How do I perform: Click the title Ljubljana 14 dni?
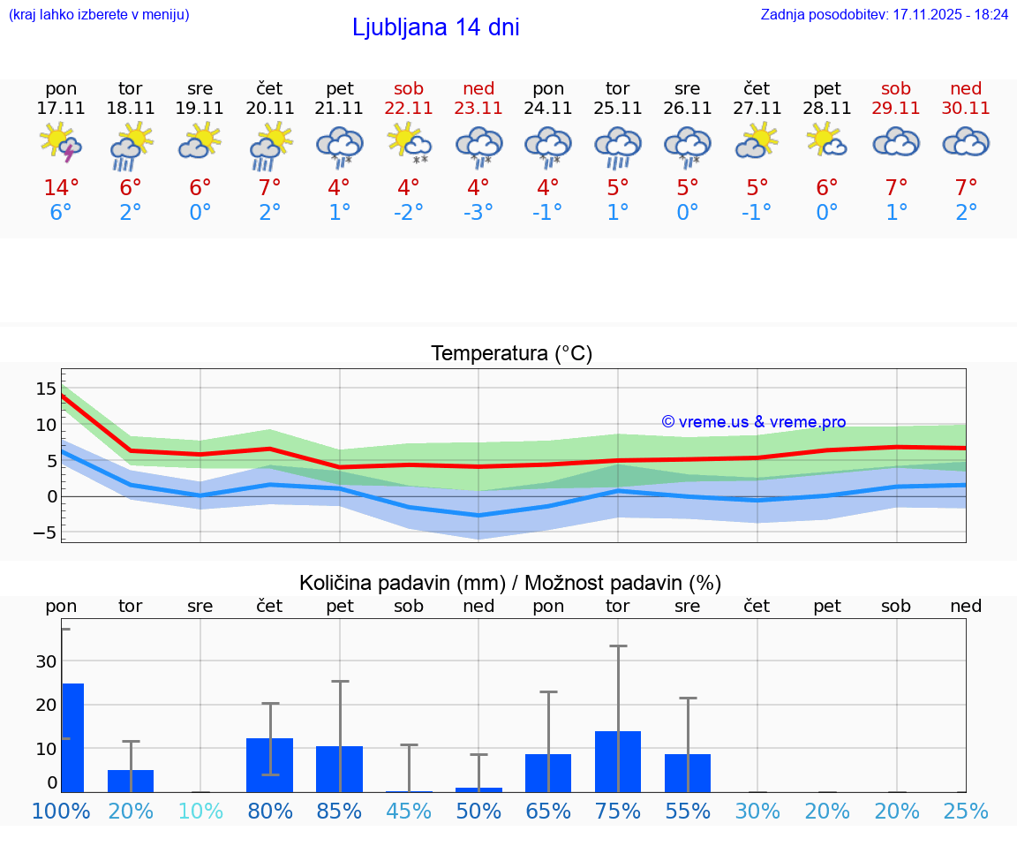[x=435, y=27]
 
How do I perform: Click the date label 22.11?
[x=409, y=109]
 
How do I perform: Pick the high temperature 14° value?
[x=61, y=188]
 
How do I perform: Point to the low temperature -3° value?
[x=478, y=213]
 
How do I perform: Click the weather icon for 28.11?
[x=827, y=142]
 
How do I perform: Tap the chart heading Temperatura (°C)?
[x=511, y=354]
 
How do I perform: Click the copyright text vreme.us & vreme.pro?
[x=754, y=422]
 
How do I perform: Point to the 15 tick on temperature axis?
[x=46, y=388]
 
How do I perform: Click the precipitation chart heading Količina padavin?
[x=510, y=583]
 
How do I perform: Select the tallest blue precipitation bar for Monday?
[x=72, y=737]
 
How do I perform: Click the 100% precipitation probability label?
[x=61, y=811]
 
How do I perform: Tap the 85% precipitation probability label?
[x=339, y=811]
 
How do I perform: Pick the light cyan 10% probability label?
[x=200, y=811]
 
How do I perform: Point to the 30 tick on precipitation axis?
[x=46, y=661]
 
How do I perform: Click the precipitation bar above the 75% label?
[x=617, y=761]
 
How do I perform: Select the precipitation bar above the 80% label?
[x=269, y=765]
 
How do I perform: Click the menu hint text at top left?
[x=98, y=15]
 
